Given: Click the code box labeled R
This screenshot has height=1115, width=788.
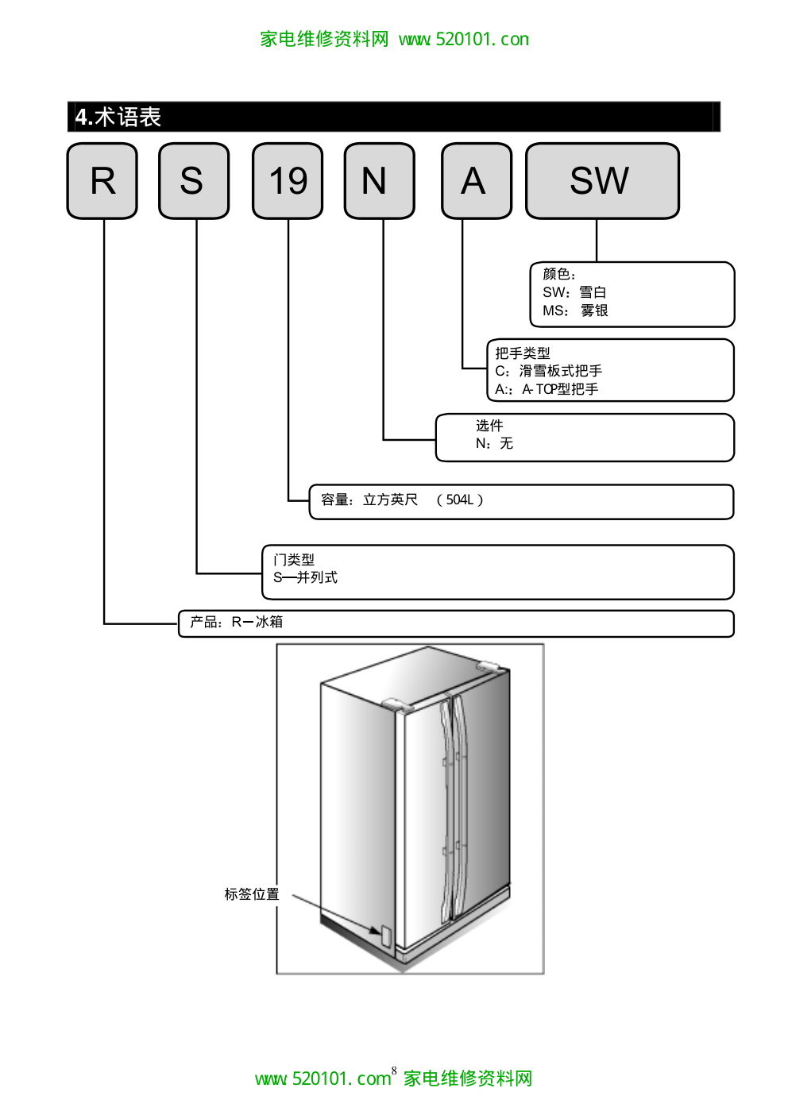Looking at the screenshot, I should tap(102, 181).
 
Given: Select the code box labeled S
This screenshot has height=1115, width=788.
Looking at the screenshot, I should tap(194, 181).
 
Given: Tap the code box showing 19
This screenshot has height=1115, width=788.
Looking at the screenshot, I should tap(288, 181).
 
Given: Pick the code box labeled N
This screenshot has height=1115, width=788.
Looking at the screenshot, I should tap(379, 181).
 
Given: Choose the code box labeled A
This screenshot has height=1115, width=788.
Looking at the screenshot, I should tap(476, 181).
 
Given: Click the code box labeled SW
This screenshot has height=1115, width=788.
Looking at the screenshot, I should tap(602, 181).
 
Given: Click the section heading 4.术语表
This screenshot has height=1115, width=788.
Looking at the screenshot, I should tap(118, 118).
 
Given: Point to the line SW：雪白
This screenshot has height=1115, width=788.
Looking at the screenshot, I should tap(574, 292).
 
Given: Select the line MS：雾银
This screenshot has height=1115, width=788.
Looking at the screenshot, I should tap(575, 311).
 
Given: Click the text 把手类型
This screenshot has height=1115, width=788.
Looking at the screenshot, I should tap(523, 353).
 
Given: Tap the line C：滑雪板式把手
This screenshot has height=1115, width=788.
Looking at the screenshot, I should tap(548, 371).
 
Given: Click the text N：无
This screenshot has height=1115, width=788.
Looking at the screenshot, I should tap(494, 443).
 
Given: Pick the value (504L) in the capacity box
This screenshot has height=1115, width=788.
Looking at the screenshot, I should tap(460, 500).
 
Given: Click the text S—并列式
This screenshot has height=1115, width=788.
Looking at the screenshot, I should tap(305, 577).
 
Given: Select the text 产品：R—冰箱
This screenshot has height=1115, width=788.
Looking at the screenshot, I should tap(236, 622).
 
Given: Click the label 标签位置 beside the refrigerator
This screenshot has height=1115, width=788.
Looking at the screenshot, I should tap(252, 894).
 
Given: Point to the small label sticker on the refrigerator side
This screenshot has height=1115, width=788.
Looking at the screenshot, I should tap(387, 936).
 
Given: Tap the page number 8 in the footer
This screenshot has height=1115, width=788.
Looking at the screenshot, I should tap(394, 1071).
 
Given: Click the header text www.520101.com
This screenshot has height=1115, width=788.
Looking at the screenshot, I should tap(464, 39).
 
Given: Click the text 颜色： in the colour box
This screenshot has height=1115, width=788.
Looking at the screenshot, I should tap(559, 274).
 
